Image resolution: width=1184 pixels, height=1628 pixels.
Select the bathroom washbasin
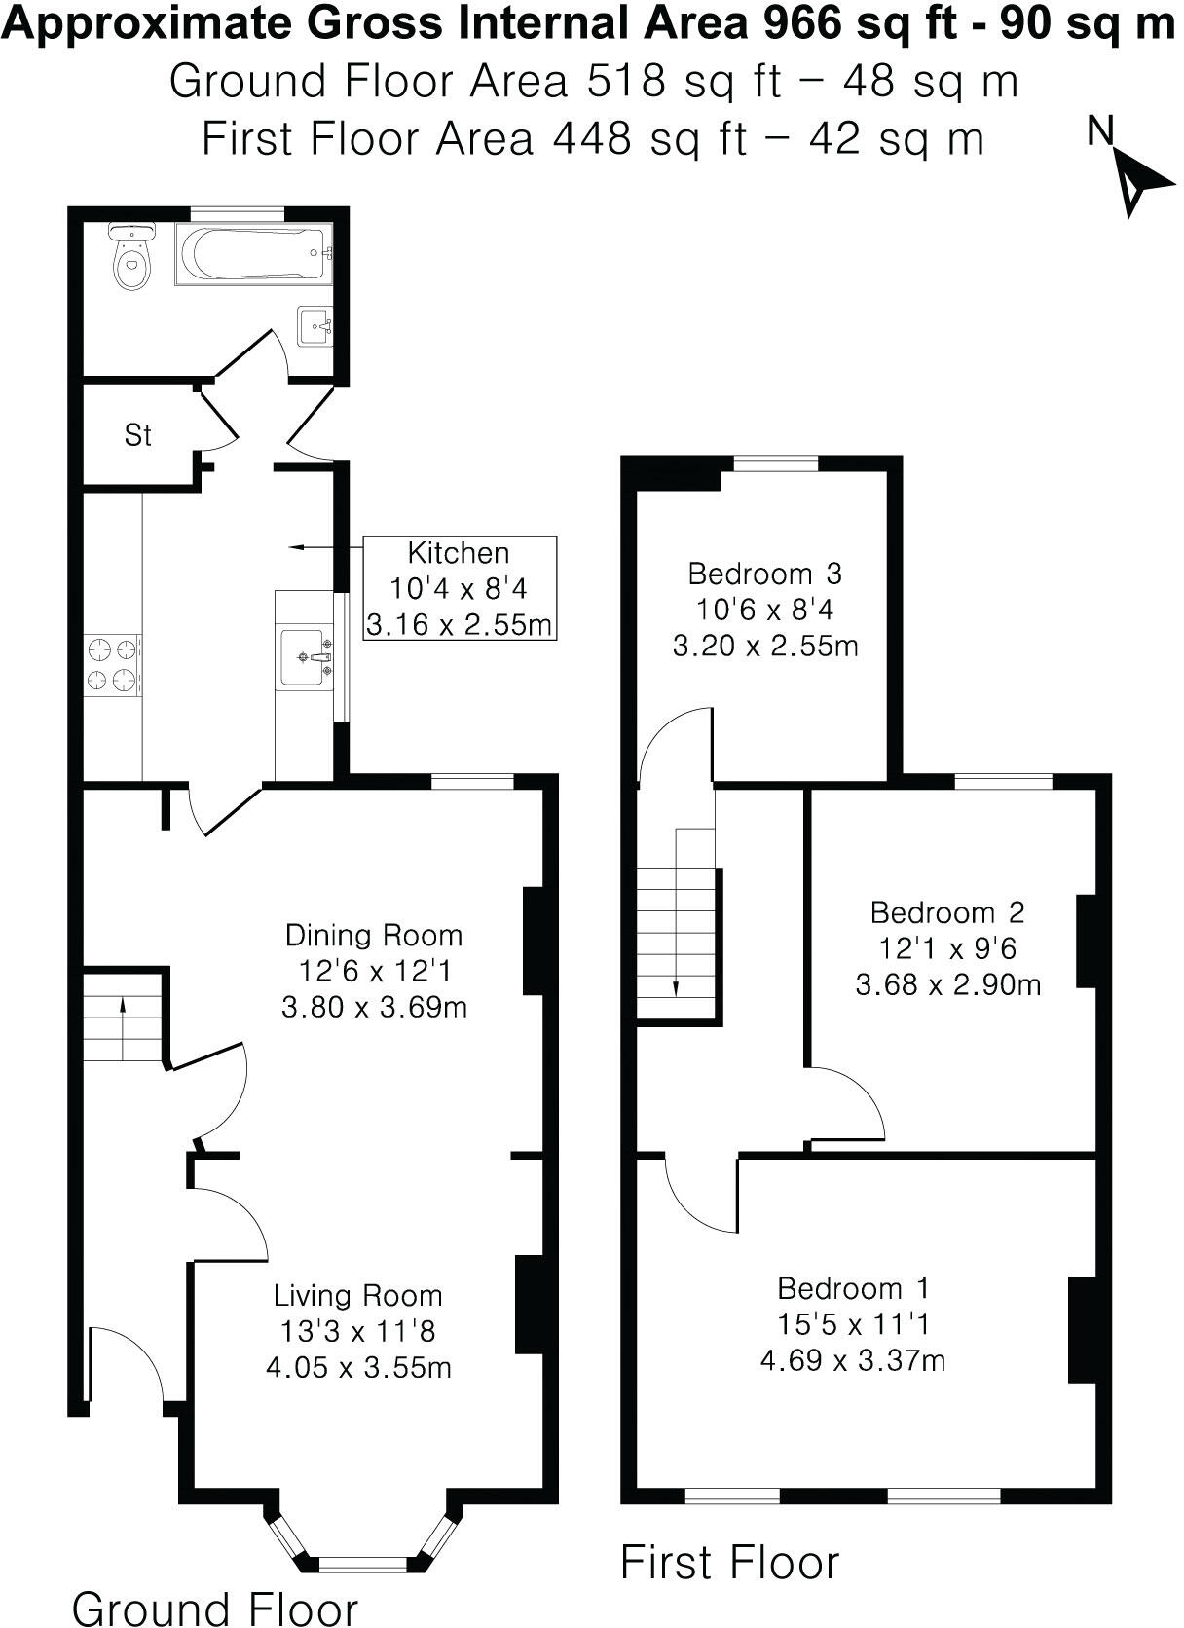(315, 325)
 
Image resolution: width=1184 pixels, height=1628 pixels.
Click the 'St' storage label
(137, 434)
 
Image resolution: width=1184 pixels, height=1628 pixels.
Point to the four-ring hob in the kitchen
(112, 665)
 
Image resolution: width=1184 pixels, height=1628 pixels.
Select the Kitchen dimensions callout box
(460, 587)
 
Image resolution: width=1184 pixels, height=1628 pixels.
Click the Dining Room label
(374, 935)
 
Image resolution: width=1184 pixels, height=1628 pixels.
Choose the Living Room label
(357, 1295)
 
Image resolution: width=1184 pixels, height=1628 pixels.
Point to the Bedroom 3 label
(764, 573)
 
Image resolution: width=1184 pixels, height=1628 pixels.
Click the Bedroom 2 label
(947, 912)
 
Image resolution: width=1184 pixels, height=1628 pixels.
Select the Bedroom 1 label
(853, 1288)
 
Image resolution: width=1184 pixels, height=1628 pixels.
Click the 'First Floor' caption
(729, 1562)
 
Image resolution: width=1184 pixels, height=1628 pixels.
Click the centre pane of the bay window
(362, 1564)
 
